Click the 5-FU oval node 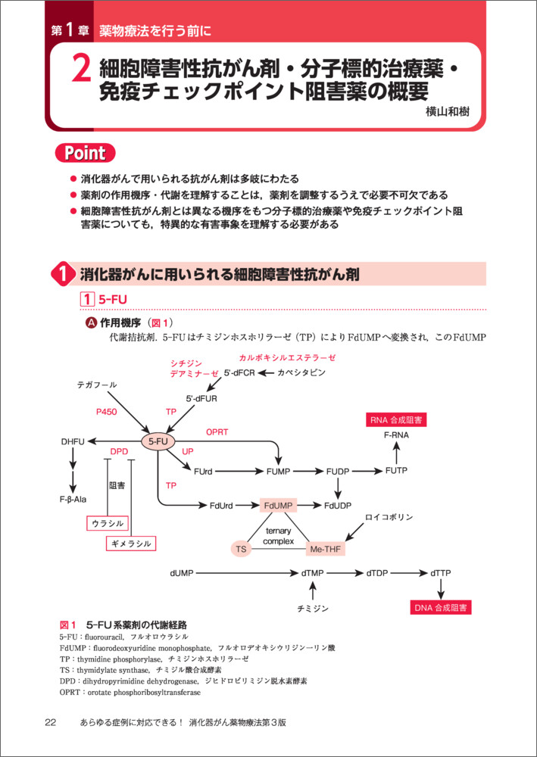click(158, 441)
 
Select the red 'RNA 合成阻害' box click(396, 420)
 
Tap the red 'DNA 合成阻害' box click(440, 607)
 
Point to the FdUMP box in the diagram click(278, 505)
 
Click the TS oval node click(242, 548)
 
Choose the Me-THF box click(326, 548)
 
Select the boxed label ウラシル click(107, 523)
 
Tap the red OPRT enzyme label click(217, 431)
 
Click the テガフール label click(97, 385)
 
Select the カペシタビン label click(301, 373)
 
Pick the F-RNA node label click(396, 437)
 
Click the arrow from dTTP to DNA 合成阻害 click(441, 587)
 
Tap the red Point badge click(85, 153)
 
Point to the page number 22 click(50, 723)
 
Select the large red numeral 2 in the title click(81, 71)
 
